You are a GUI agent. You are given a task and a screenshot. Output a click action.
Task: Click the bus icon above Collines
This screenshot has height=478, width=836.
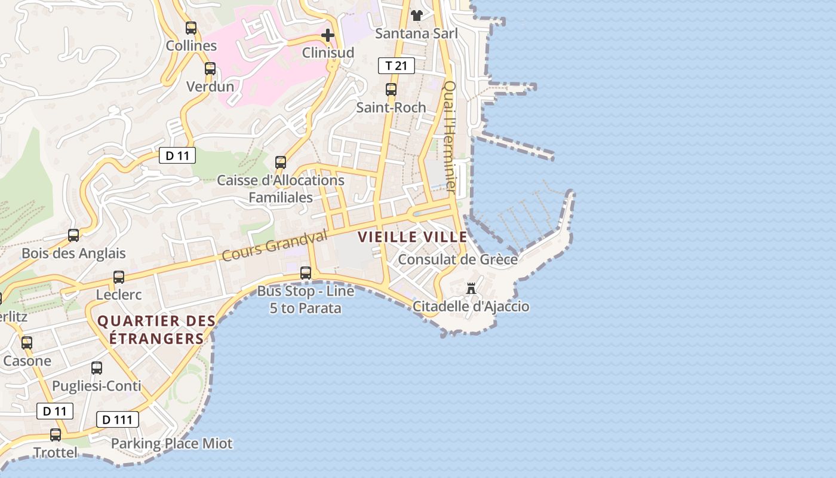191,27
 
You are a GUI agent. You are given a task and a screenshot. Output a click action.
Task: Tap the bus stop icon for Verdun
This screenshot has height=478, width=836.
210,69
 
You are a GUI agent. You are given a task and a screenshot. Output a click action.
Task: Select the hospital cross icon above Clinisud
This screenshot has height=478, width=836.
327,35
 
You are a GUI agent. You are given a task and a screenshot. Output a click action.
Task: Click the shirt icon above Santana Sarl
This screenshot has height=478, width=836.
416,15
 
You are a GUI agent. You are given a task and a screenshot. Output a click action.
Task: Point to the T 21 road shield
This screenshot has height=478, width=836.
397,66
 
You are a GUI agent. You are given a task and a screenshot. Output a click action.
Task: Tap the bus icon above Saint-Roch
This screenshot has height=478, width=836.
391,90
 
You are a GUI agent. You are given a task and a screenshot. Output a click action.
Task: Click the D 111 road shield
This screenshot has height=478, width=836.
117,419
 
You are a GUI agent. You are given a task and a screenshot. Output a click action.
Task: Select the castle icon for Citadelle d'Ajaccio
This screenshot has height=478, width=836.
471,289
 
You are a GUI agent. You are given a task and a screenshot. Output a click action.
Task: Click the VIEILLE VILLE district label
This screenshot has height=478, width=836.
413,237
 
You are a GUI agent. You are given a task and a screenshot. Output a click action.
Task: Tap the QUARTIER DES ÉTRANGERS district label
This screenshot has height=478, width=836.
156,330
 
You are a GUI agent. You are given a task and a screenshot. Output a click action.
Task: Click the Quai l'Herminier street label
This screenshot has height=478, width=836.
450,137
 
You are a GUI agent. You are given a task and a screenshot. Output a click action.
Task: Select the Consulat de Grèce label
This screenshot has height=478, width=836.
457,260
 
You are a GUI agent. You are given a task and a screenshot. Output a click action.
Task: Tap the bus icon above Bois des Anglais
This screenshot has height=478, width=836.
73,235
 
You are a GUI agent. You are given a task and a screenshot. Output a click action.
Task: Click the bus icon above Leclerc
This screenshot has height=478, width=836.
119,277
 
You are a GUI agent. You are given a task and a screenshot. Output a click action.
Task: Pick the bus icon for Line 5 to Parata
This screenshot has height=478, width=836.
306,273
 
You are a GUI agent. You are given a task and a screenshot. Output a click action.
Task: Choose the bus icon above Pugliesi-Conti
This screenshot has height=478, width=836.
97,368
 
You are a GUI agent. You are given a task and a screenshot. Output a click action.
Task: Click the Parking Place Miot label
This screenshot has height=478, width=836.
171,444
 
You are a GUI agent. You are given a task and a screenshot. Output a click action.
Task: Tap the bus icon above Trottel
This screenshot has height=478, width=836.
56,435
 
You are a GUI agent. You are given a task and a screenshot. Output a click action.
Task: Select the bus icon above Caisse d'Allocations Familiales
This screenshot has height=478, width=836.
281,163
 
